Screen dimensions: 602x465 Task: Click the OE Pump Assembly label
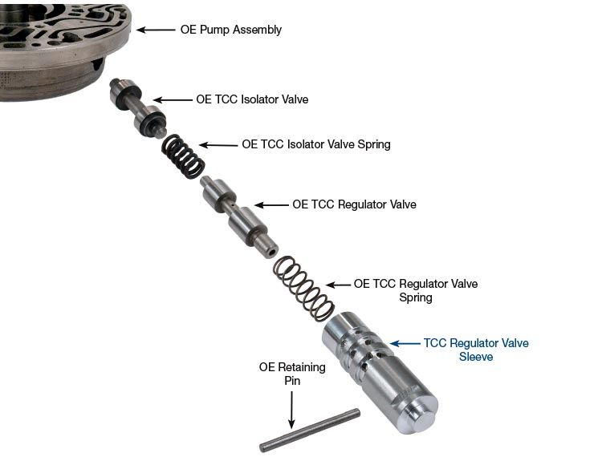[230, 30]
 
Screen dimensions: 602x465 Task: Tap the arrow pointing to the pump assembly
[156, 30]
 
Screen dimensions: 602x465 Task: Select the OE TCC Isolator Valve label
[252, 99]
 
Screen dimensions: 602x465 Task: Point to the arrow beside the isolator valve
[173, 99]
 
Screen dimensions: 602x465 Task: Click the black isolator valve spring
[183, 156]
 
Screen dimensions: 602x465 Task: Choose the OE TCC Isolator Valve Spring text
[316, 144]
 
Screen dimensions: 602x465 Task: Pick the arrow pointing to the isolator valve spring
[218, 145]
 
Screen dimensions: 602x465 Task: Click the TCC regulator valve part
[239, 217]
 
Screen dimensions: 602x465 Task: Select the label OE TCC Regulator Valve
[354, 204]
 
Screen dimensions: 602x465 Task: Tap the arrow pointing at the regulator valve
[271, 205]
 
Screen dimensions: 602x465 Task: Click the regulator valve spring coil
[304, 289]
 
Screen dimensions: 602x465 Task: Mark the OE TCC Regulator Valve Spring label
[416, 290]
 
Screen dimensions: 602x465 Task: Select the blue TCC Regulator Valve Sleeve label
[476, 350]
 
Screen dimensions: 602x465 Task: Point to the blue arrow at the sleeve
[405, 343]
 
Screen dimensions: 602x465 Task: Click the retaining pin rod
[310, 430]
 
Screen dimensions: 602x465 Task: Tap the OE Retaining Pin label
[292, 374]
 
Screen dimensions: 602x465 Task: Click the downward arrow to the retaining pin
[292, 410]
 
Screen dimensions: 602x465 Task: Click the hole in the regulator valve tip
[272, 253]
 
